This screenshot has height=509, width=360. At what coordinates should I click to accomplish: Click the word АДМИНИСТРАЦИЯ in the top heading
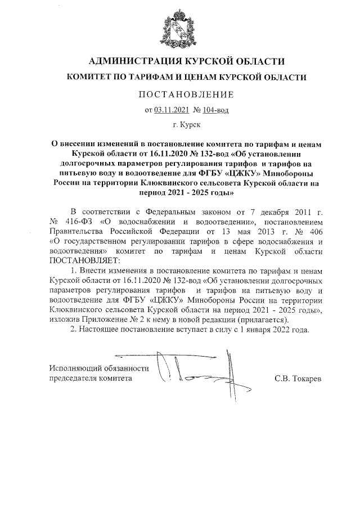tap(130, 61)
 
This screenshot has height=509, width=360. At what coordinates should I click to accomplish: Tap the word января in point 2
tap(263, 329)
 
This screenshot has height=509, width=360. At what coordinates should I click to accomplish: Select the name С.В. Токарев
tap(298, 379)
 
